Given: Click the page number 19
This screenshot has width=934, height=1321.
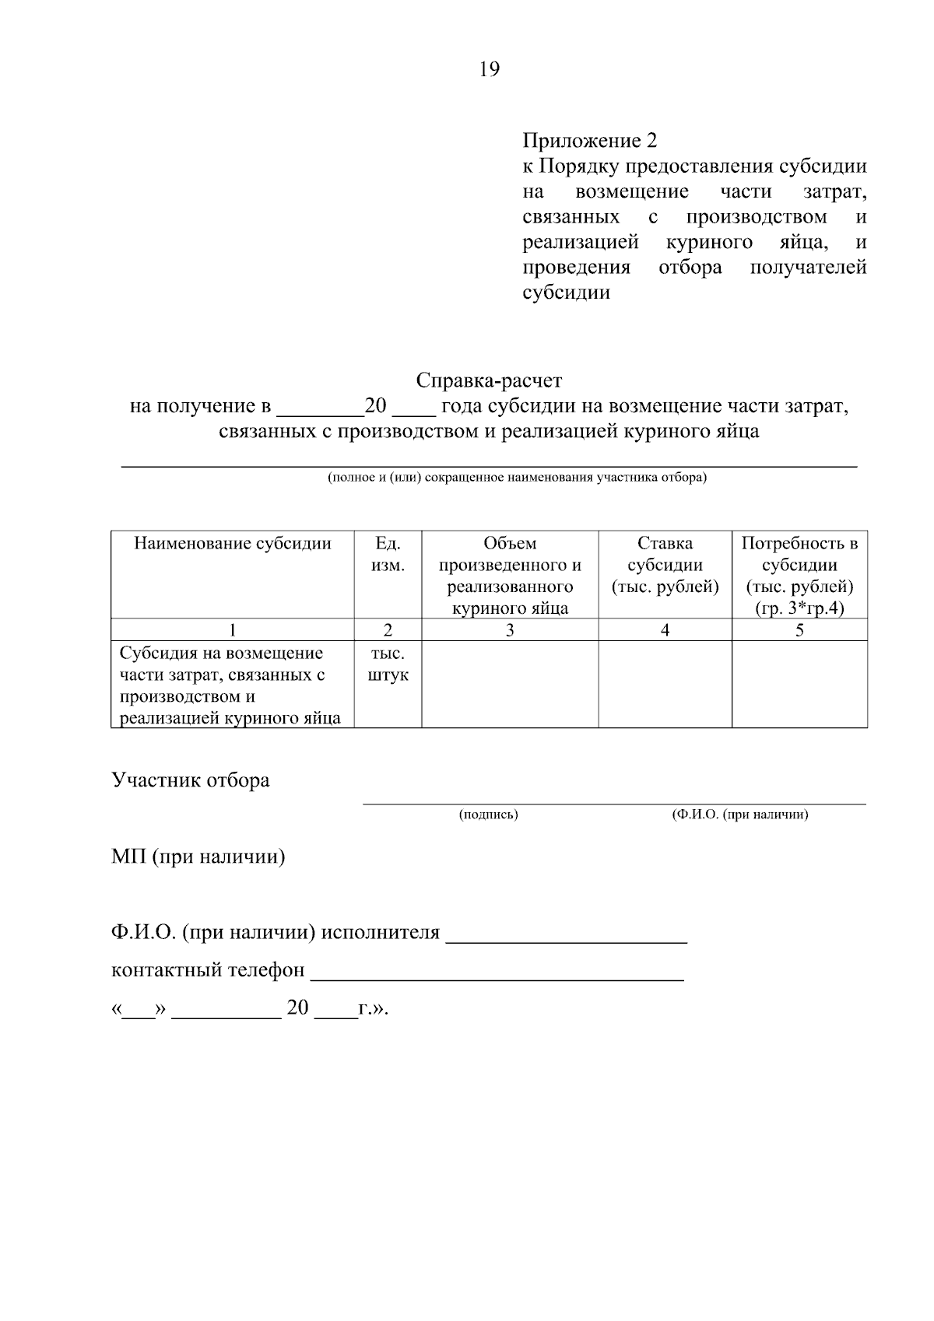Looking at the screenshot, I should point(490,70).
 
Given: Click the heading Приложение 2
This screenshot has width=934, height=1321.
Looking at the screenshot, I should point(589,141).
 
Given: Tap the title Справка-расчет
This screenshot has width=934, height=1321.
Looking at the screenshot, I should point(489,380).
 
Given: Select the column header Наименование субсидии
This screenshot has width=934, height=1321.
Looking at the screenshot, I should point(233,543).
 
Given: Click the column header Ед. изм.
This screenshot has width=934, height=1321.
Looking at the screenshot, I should point(388,554).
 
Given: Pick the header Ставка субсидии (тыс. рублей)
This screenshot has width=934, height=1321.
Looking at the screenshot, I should point(665,565).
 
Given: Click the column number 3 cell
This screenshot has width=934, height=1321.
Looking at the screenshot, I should point(510,630).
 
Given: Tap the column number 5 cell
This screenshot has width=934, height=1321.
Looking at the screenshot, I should point(799,630).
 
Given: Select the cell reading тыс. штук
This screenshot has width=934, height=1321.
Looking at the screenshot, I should point(388,664).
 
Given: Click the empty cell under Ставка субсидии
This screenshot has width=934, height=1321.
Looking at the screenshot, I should point(665,685).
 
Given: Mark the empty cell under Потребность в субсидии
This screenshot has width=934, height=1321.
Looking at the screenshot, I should point(799,685).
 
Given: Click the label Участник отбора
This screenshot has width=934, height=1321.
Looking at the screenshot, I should point(191,780).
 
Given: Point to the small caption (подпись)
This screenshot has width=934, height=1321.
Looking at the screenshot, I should point(488,815).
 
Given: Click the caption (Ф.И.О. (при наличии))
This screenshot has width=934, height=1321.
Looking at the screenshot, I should point(739,815).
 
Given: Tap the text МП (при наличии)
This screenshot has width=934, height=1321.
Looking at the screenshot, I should point(198,857).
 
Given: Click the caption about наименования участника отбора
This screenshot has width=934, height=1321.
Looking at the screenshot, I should point(517,478).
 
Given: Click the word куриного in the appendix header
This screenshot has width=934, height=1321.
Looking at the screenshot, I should point(709,242).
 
